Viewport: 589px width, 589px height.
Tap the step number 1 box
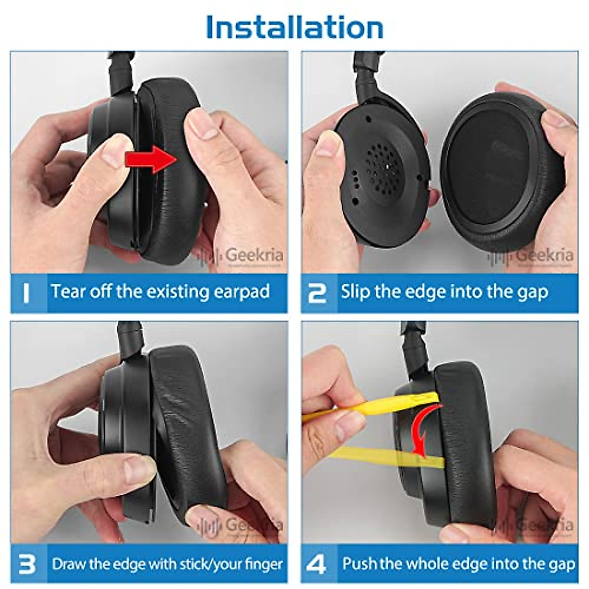click(28, 293)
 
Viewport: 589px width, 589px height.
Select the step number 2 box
click(318, 293)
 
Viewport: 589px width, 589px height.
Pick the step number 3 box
click(28, 564)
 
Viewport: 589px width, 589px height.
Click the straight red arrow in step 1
click(151, 159)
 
